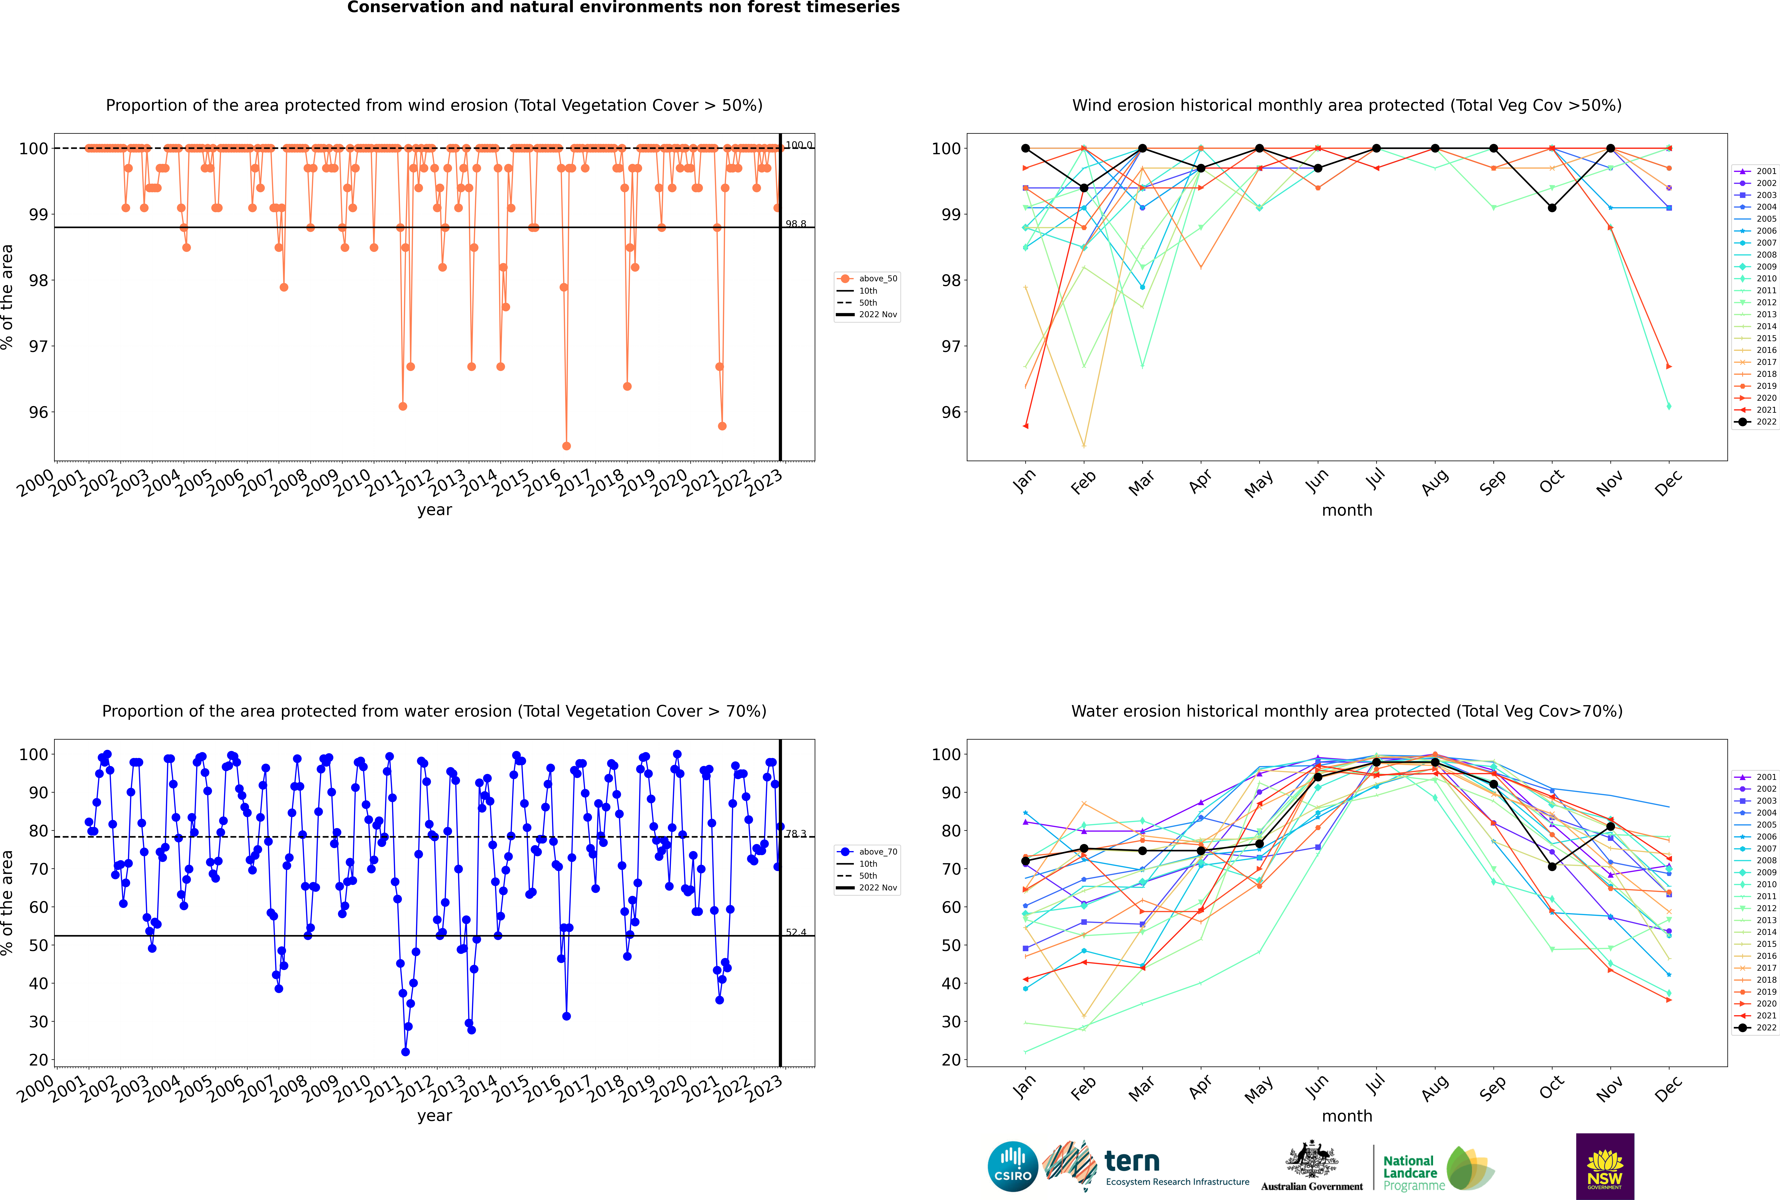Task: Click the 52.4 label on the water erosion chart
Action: [x=796, y=932]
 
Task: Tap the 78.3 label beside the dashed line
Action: [x=796, y=833]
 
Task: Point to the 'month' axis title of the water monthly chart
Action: [x=1347, y=1116]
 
